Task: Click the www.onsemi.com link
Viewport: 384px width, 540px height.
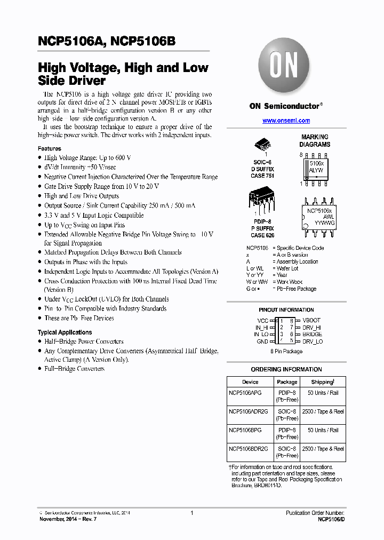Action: coord(286,121)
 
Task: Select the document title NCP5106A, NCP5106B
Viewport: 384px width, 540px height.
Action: coord(107,42)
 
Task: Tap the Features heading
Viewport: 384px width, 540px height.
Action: coord(50,148)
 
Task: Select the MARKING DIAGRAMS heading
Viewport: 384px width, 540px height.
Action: coord(315,141)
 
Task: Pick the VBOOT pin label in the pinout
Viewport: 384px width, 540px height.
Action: coord(311,321)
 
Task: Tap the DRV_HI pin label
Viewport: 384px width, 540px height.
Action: coord(312,328)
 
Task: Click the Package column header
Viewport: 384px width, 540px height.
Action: coord(287,382)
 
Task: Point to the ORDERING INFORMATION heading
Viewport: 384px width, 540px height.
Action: coord(286,369)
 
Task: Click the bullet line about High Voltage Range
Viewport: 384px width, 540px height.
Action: coord(88,158)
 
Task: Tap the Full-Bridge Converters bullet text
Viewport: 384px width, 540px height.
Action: coord(74,369)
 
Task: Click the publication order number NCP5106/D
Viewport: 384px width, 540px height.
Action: coord(331,519)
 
